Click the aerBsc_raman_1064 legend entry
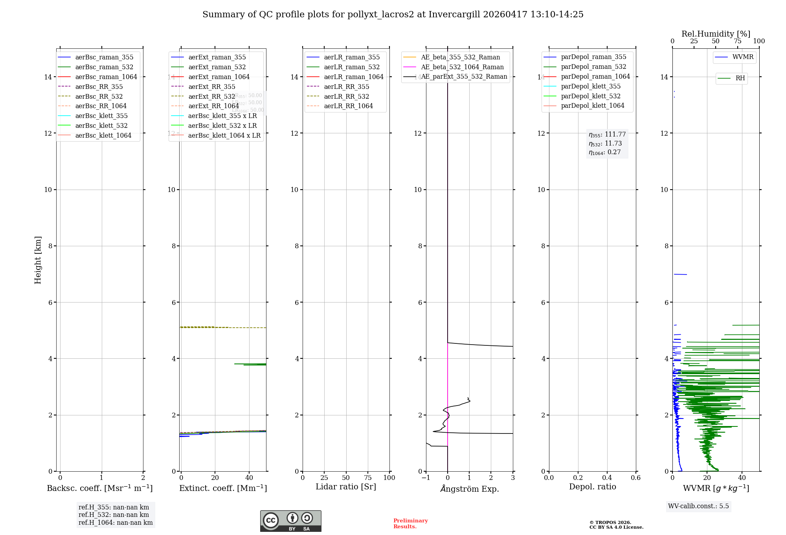(x=106, y=77)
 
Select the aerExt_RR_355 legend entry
(x=211, y=87)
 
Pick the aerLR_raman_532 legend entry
(x=352, y=67)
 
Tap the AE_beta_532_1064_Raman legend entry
(x=462, y=67)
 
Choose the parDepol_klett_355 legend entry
(x=591, y=86)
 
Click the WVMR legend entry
(x=743, y=57)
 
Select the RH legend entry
(x=740, y=78)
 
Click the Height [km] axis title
(x=38, y=260)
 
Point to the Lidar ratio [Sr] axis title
(x=346, y=487)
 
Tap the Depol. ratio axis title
(x=592, y=487)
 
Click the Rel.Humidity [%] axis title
(x=716, y=34)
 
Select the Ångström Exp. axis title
(x=470, y=489)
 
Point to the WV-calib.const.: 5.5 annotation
(x=698, y=506)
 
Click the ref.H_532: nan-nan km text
(x=114, y=515)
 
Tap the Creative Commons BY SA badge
(x=290, y=521)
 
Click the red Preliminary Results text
(x=410, y=523)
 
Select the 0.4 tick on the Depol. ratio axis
(x=607, y=478)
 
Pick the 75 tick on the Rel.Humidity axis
(x=737, y=41)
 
